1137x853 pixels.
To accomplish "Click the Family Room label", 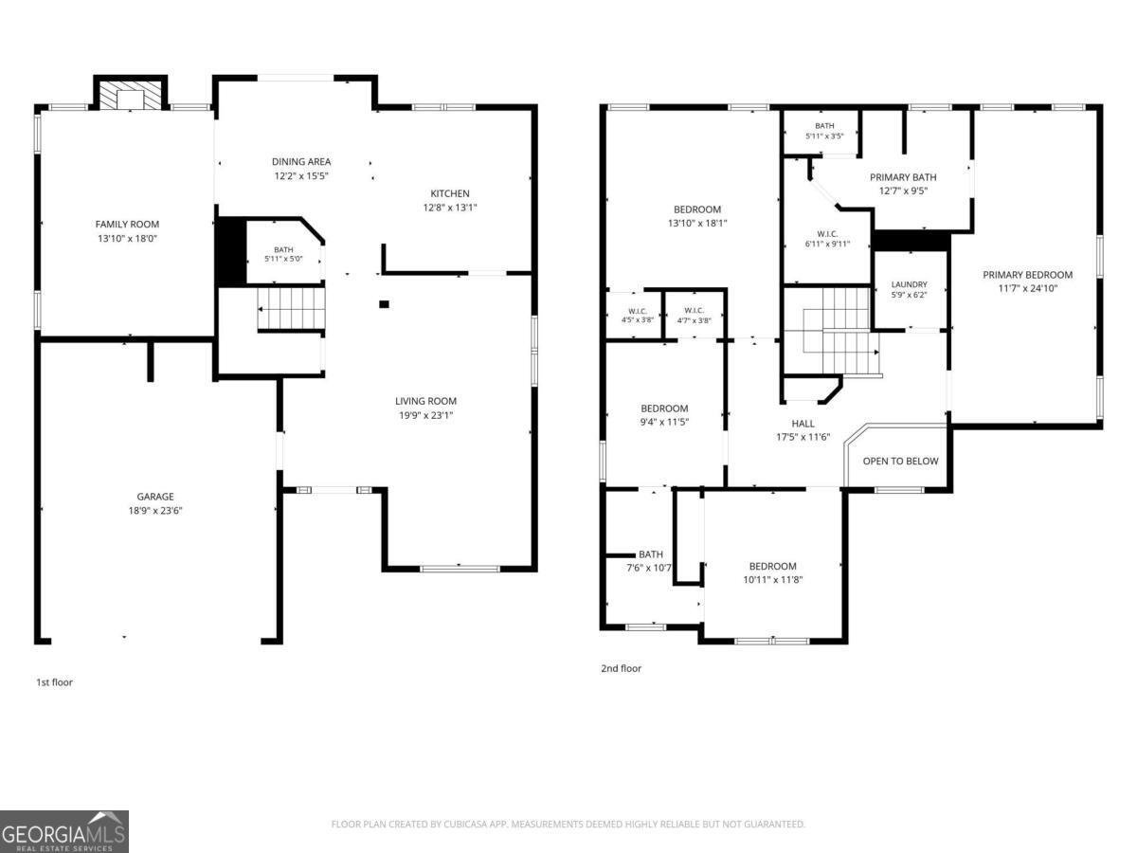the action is pyautogui.click(x=127, y=225).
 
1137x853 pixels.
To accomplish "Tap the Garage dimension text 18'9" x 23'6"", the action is pyautogui.click(x=155, y=511).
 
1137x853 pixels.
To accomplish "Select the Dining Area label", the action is pyautogui.click(x=301, y=161).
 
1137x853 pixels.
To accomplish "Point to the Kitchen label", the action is pyautogui.click(x=450, y=193).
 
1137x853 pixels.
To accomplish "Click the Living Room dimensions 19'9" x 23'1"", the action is pyautogui.click(x=425, y=415).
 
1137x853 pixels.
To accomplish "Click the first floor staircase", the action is pyautogui.click(x=291, y=309).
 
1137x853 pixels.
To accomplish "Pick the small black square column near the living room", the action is pyautogui.click(x=384, y=304).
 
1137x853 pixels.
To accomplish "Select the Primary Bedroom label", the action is pyautogui.click(x=1028, y=275).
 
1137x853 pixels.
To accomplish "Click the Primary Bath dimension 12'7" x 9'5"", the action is pyautogui.click(x=903, y=191).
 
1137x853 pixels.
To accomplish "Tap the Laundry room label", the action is pyautogui.click(x=909, y=284).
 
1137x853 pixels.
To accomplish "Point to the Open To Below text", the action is pyautogui.click(x=900, y=461).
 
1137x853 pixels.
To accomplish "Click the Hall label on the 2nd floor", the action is pyautogui.click(x=803, y=424).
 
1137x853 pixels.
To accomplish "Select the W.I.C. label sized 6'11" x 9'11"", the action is pyautogui.click(x=827, y=234).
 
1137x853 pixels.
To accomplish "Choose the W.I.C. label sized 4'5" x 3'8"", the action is pyautogui.click(x=638, y=311).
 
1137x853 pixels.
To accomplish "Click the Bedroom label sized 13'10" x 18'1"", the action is pyautogui.click(x=697, y=209).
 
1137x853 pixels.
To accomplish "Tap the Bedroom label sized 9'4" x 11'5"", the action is pyautogui.click(x=664, y=408).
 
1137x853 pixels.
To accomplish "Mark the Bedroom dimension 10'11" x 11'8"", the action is pyautogui.click(x=773, y=580).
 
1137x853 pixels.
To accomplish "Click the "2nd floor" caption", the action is pyautogui.click(x=621, y=668).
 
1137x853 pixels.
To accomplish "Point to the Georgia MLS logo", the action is pyautogui.click(x=64, y=831).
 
